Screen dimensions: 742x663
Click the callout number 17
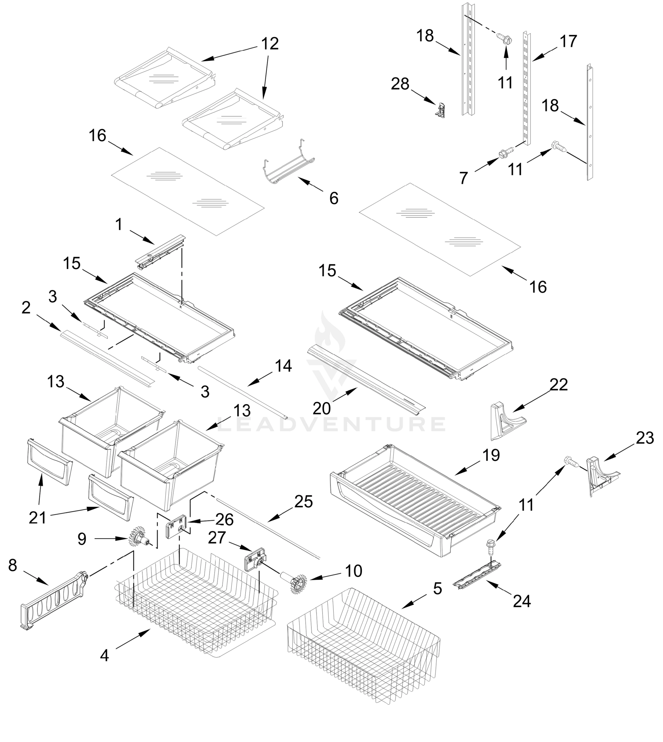(x=568, y=41)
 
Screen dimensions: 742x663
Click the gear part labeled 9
(x=138, y=538)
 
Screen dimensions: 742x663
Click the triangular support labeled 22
(x=505, y=420)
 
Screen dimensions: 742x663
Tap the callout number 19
(x=491, y=455)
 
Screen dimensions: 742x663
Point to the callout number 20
(x=321, y=408)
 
